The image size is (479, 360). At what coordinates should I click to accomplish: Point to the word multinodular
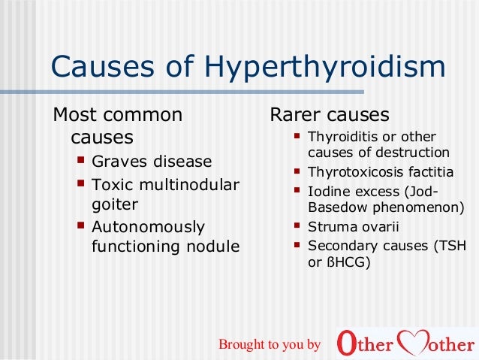tap(190, 184)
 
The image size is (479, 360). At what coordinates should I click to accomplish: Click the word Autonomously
tap(148, 226)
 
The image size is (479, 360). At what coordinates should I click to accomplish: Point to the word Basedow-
tap(339, 207)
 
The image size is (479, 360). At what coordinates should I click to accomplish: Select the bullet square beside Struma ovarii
tap(297, 225)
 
